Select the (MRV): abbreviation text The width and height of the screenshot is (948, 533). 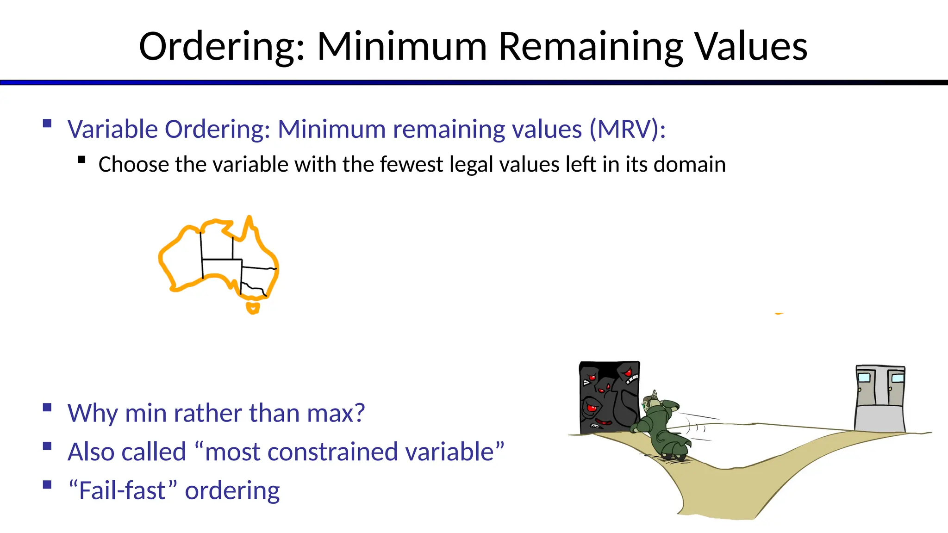tap(628, 129)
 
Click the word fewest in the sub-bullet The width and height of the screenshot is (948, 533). tap(411, 165)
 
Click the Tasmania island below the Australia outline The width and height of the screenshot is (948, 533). tap(253, 308)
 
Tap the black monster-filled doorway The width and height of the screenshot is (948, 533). tap(609, 397)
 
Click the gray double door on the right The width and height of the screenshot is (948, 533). tap(879, 398)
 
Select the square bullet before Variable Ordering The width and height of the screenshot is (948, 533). tap(47, 124)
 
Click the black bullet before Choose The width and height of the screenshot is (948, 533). tap(82, 160)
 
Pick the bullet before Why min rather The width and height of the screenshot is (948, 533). tap(47, 408)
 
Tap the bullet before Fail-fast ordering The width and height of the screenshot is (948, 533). tap(47, 485)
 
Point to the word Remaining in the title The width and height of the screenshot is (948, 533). tap(591, 47)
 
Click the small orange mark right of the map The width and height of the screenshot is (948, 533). tap(779, 313)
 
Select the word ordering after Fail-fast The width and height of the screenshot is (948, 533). tap(232, 491)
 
